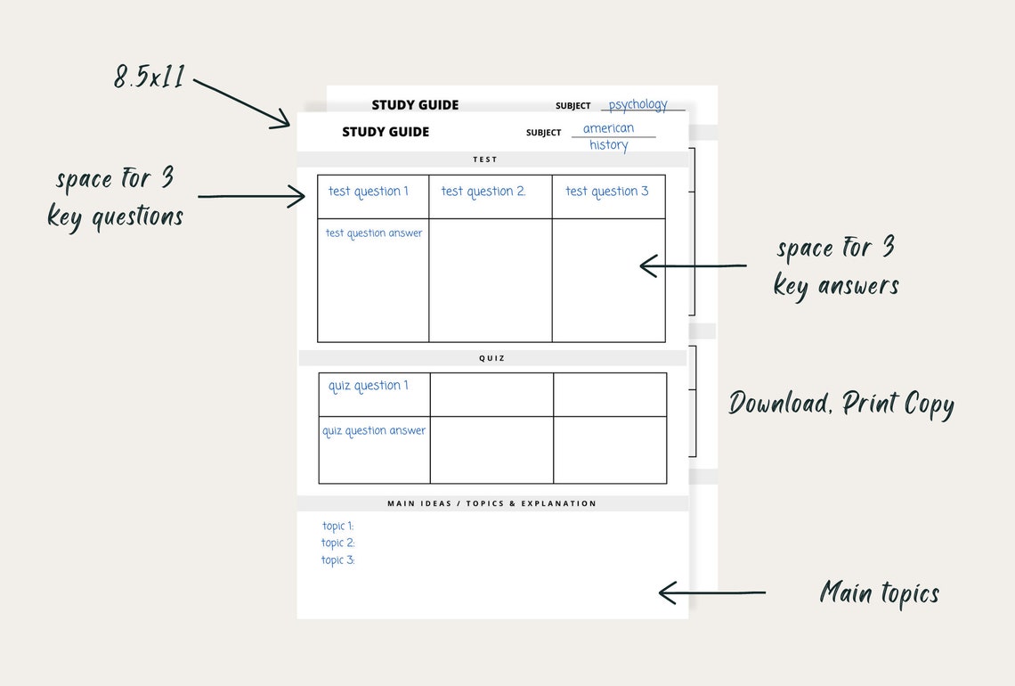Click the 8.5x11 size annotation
(150, 77)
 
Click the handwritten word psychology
(637, 104)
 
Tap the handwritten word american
(608, 128)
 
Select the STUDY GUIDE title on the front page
(386, 132)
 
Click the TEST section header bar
(485, 159)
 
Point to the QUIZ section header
(491, 358)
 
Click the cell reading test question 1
(369, 192)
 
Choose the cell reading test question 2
(483, 192)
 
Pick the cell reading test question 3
(607, 192)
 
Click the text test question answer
(374, 233)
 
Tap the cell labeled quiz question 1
(369, 386)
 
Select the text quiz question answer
(374, 431)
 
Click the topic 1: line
(337, 527)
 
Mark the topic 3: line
(337, 560)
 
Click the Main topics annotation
(879, 592)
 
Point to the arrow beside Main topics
(711, 592)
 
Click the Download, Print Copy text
(840, 404)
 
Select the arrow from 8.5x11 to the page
(242, 103)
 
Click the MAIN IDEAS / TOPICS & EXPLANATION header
(491, 503)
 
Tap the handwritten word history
(609, 145)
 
